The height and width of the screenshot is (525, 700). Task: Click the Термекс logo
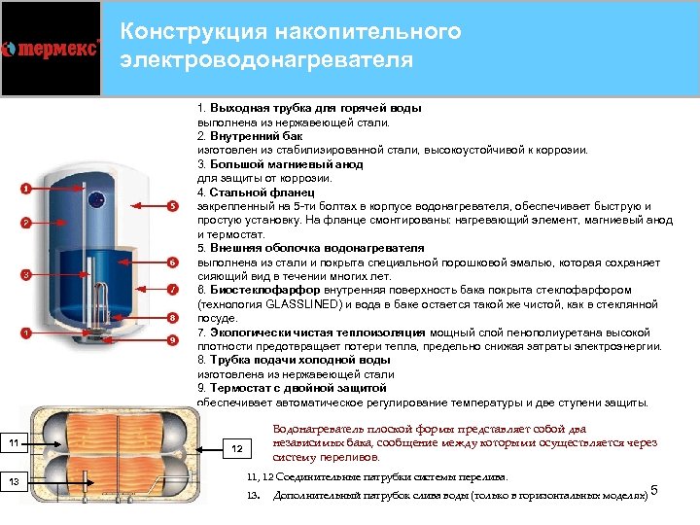click(51, 49)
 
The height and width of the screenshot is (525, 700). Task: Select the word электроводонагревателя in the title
click(266, 60)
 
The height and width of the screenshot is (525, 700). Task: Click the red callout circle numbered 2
click(26, 223)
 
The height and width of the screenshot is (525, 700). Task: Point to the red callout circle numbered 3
click(26, 275)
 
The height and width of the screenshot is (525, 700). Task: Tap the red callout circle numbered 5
click(172, 206)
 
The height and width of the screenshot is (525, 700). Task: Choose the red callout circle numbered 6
click(172, 262)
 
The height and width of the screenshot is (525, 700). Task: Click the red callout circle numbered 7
click(172, 290)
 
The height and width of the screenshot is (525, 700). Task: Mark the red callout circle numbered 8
click(172, 317)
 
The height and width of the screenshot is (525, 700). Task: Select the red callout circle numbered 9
click(172, 340)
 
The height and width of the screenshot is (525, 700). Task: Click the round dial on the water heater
click(99, 200)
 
